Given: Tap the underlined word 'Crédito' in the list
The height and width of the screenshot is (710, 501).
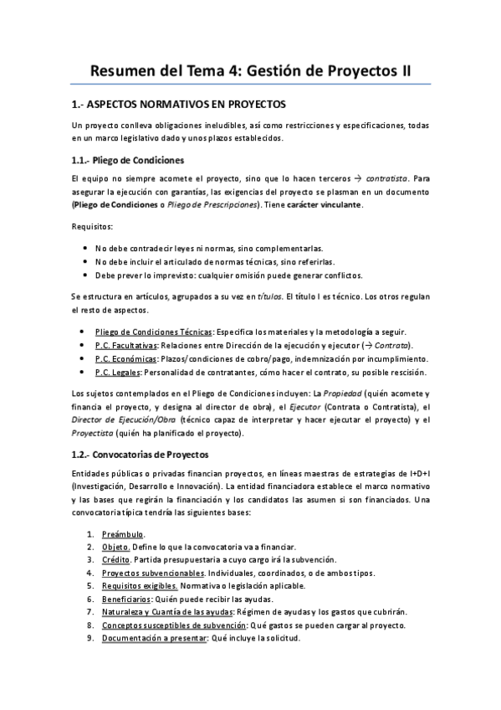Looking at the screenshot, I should click(x=117, y=559).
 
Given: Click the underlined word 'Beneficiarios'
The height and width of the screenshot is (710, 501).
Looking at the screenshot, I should click(x=127, y=599).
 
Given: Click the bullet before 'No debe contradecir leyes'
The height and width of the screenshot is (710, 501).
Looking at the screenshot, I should click(x=88, y=249).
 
